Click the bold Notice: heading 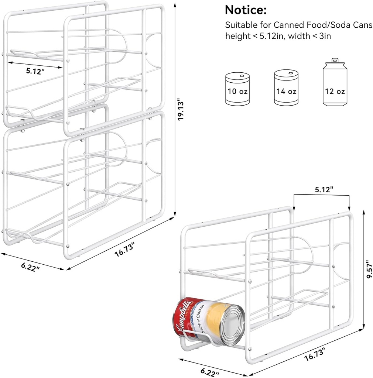pos(245,10)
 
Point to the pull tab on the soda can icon pos(335,60)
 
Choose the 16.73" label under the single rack pos(315,355)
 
